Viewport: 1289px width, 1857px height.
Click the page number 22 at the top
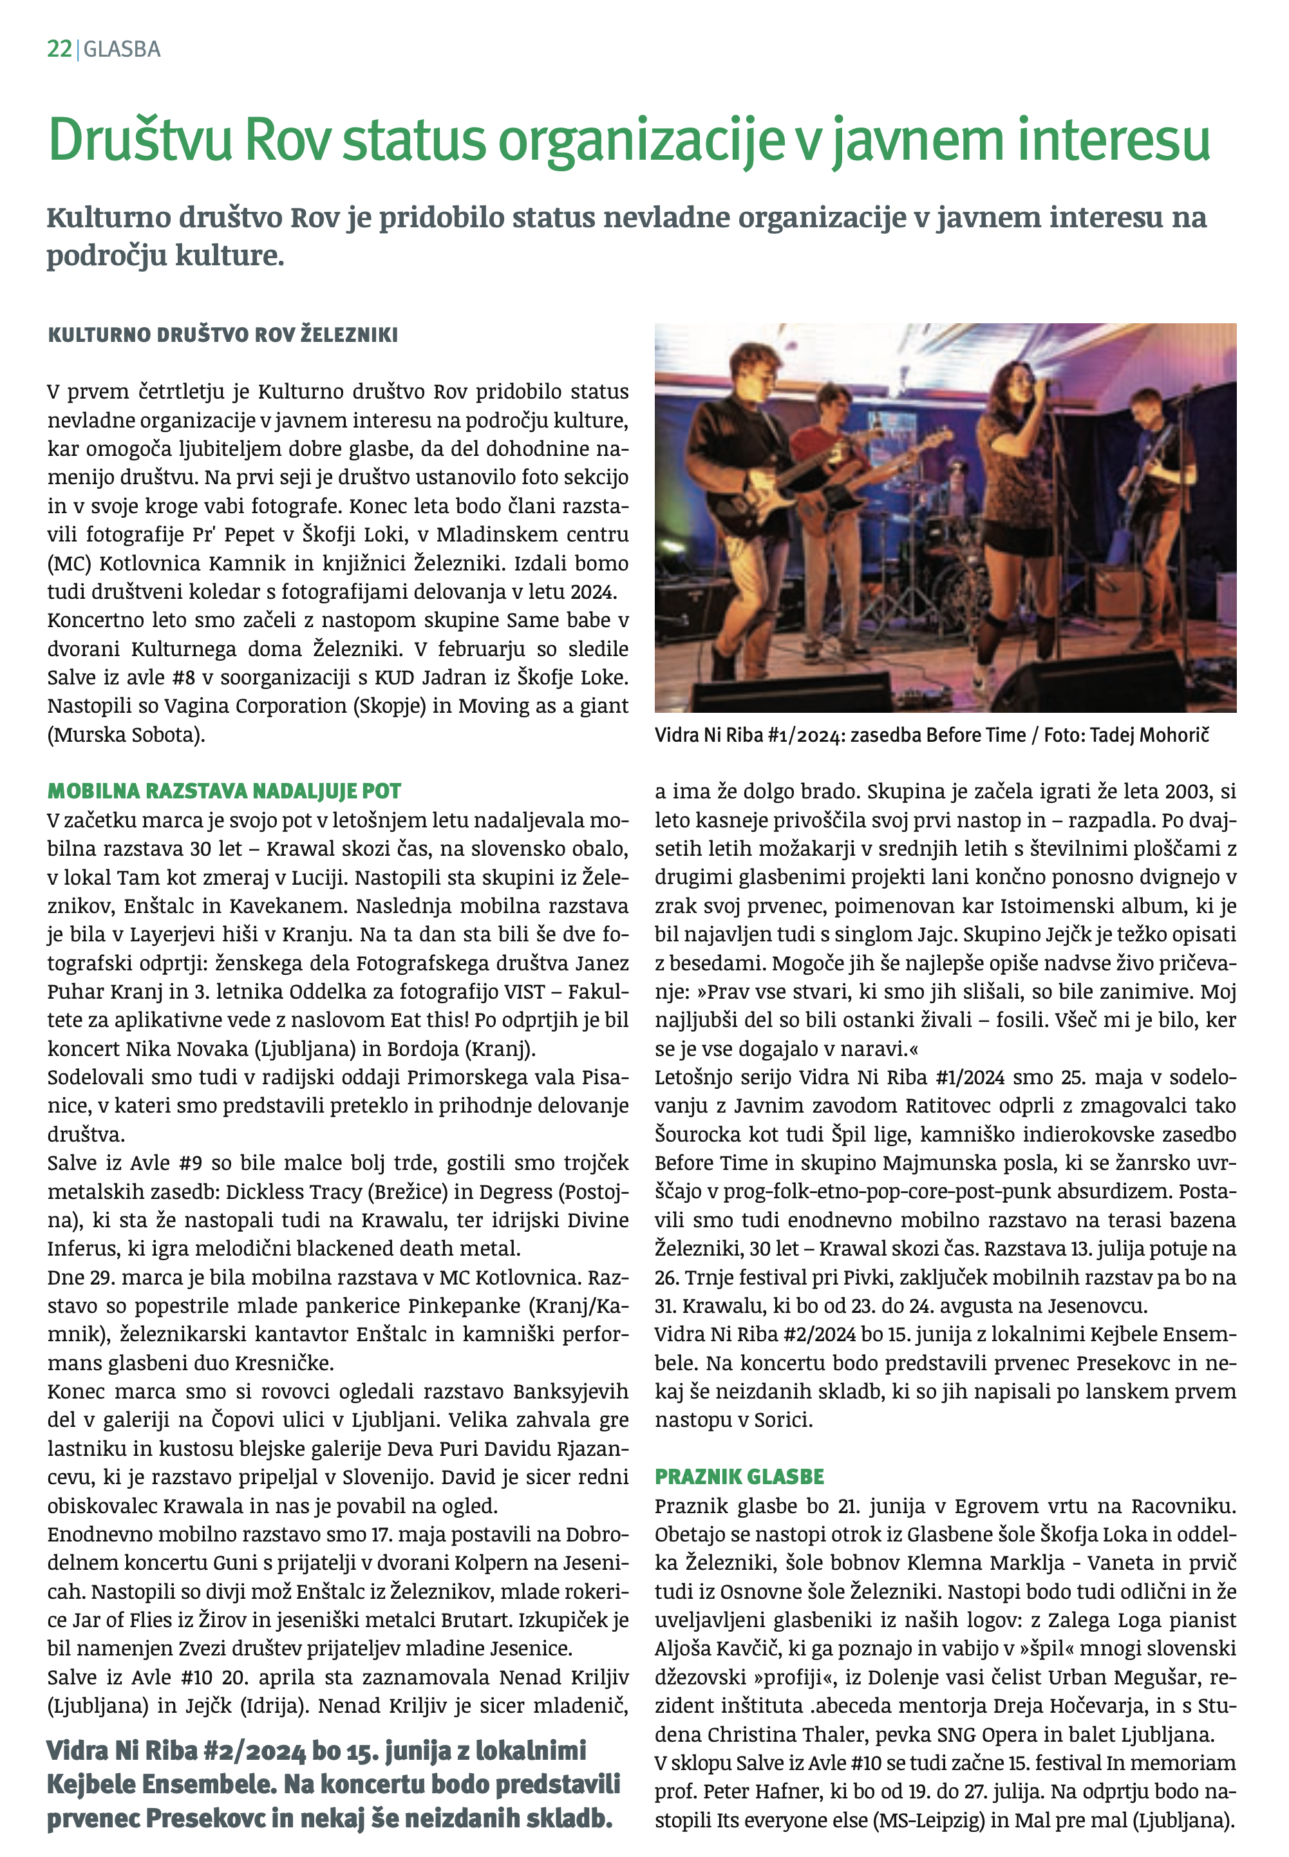pyautogui.click(x=59, y=50)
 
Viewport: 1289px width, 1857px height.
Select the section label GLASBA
pyautogui.click(x=122, y=50)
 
